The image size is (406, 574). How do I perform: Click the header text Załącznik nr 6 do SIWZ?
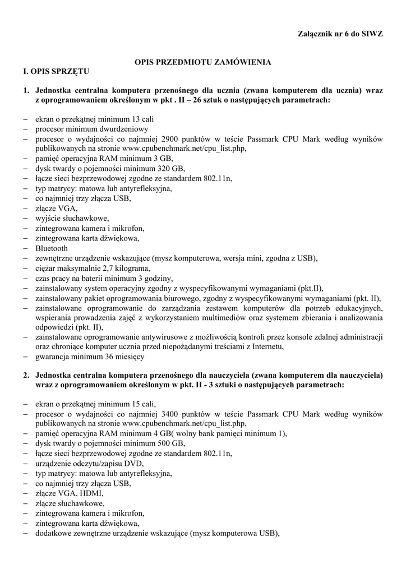[x=340, y=34]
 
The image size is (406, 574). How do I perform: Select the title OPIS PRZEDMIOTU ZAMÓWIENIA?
[x=203, y=62]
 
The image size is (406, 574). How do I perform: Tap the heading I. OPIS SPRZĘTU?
[x=55, y=72]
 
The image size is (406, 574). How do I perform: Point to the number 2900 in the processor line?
[x=170, y=138]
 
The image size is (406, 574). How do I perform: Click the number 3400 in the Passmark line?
[x=170, y=413]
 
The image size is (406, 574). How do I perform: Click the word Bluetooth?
[x=52, y=248]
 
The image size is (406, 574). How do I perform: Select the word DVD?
[x=133, y=464]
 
